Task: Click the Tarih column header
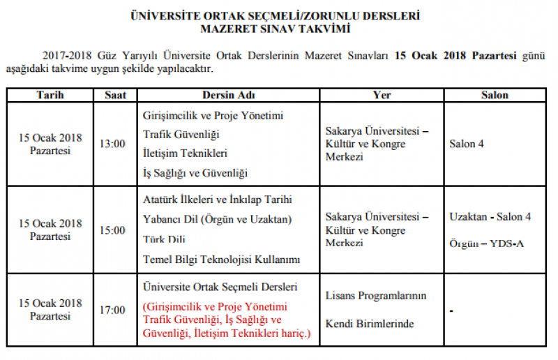coord(50,95)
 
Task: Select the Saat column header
coord(115,95)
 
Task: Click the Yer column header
coord(382,95)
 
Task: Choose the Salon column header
coord(495,95)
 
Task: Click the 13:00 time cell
coord(112,144)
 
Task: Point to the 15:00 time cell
coord(112,230)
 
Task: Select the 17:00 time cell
coord(112,310)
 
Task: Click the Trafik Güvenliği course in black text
coord(181,133)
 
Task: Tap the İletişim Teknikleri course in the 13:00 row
coord(185,153)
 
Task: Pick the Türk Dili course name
coord(163,240)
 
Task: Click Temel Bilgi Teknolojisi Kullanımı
coord(221,260)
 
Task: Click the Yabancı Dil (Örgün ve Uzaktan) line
coord(217,219)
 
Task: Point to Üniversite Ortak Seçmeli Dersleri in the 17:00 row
coord(220,287)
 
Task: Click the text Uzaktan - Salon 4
coord(490,217)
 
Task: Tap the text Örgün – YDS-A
coord(486,243)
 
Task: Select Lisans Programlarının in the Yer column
coord(375,296)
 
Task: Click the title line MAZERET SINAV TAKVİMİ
coord(276,29)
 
